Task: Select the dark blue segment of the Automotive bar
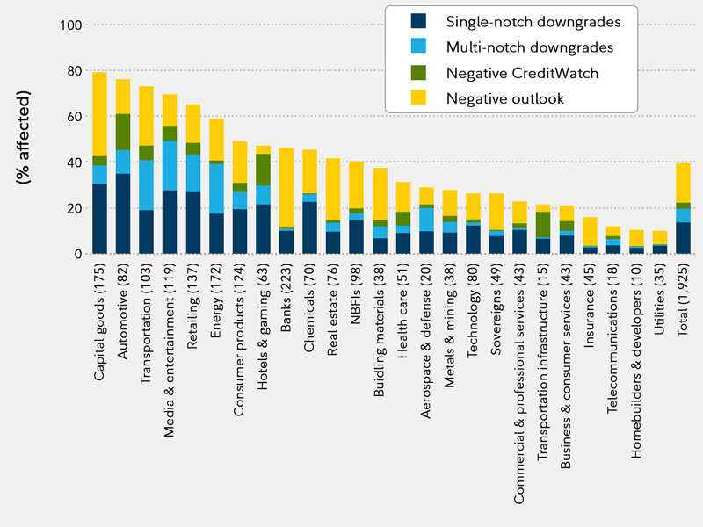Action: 123,213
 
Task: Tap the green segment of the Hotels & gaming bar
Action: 264,170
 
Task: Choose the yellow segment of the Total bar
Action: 683,183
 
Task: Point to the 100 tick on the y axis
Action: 69,25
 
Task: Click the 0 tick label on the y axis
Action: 77,254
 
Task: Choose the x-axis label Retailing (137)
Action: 193,313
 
